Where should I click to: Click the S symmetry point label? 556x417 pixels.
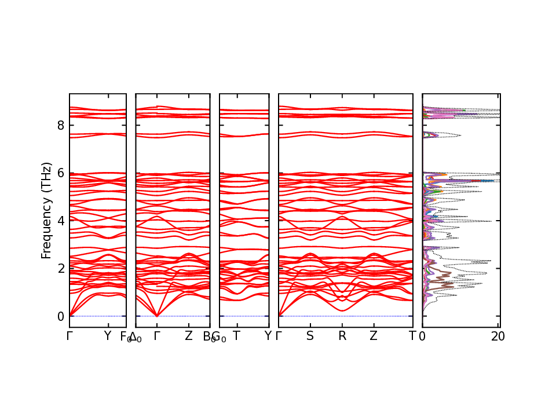(x=310, y=336)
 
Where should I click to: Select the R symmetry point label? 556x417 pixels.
(x=342, y=336)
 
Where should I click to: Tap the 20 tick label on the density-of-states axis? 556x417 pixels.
(x=498, y=336)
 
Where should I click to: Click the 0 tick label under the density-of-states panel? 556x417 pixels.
(x=422, y=336)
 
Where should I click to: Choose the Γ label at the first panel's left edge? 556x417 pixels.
(x=69, y=336)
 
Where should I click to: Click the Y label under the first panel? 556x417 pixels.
(x=107, y=336)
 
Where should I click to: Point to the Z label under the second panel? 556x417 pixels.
(x=188, y=336)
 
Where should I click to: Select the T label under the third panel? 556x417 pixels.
(x=236, y=336)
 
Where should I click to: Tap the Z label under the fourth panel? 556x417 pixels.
(x=374, y=336)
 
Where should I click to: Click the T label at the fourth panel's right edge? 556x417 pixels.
(x=412, y=336)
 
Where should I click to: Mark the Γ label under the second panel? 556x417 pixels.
(x=156, y=336)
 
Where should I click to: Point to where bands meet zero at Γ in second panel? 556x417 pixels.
(x=156, y=316)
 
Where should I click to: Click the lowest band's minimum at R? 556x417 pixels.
(x=342, y=310)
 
